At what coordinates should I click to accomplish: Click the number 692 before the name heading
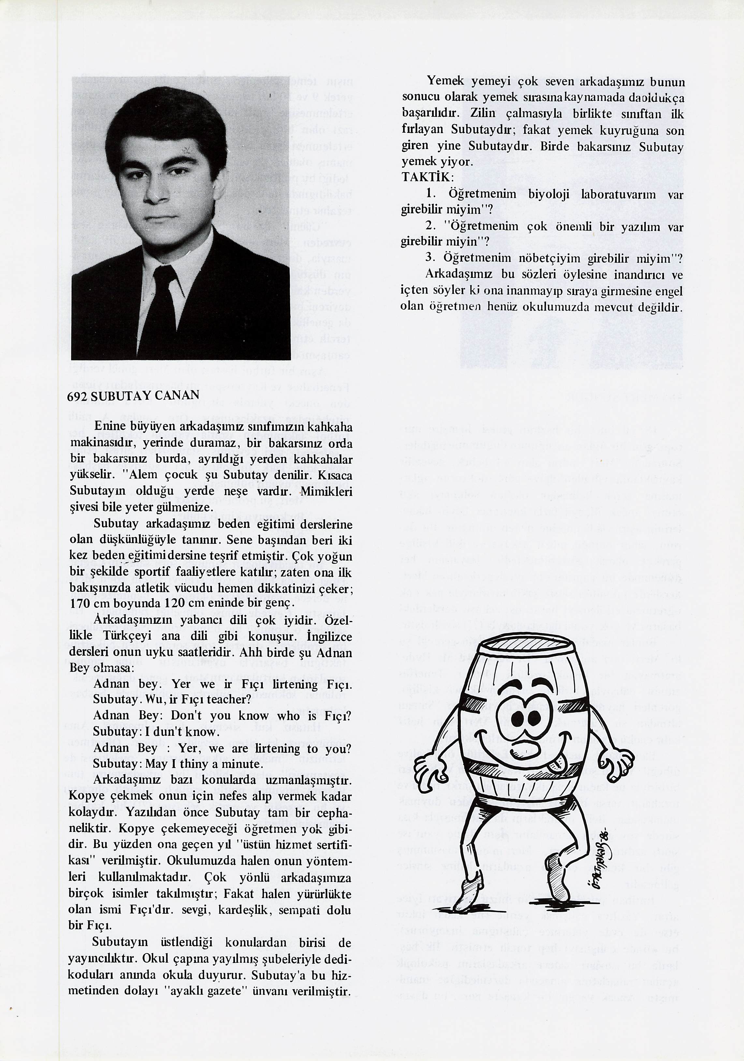(78, 396)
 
